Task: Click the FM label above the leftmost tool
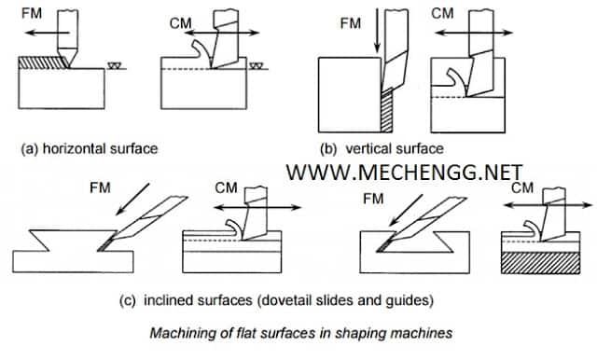[x=32, y=13]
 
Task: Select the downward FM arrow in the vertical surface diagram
[x=377, y=31]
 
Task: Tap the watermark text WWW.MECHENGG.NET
[x=404, y=173]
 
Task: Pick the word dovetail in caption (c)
[x=286, y=300]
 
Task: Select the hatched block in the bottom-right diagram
[x=541, y=263]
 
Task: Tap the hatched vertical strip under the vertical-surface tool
[x=387, y=110]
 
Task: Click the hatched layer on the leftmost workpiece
[x=43, y=62]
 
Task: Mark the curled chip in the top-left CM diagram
[x=201, y=52]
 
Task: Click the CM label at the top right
[x=443, y=13]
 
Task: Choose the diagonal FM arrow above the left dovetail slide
[x=132, y=199]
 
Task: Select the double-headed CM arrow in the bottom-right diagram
[x=548, y=205]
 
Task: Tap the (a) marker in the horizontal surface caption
[x=30, y=148]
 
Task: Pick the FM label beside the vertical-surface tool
[x=351, y=23]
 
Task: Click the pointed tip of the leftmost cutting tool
[x=69, y=68]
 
